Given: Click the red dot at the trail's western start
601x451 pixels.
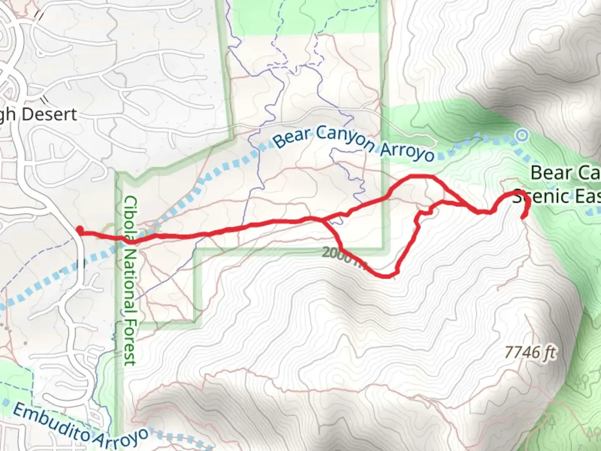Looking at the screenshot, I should coord(79,229).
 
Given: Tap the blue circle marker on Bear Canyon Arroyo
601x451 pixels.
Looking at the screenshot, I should coord(521,135).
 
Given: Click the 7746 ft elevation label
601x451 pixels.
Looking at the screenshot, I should coord(530,353).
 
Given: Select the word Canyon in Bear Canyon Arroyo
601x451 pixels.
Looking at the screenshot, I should coord(345,139).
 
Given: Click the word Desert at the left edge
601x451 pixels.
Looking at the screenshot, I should coord(50,114).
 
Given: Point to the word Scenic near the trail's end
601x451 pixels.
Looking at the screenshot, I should coord(538,196).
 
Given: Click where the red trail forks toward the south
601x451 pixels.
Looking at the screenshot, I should coord(323,220).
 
